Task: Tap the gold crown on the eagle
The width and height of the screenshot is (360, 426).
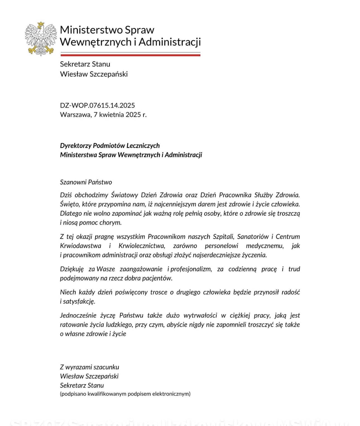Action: [x=41, y=24]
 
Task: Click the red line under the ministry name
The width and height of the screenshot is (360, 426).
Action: [x=130, y=55]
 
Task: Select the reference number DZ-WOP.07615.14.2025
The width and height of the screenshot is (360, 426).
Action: [x=97, y=105]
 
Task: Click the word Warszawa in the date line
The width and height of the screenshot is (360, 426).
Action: [x=75, y=114]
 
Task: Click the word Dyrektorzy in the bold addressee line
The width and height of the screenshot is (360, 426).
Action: [x=75, y=145]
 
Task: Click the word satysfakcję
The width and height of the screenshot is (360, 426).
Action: [x=79, y=301]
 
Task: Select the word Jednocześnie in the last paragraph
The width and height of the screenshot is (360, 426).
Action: [x=78, y=315]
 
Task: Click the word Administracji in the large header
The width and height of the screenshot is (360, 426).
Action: [x=170, y=42]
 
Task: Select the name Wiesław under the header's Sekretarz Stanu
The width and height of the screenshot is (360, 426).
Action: [x=71, y=74]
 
